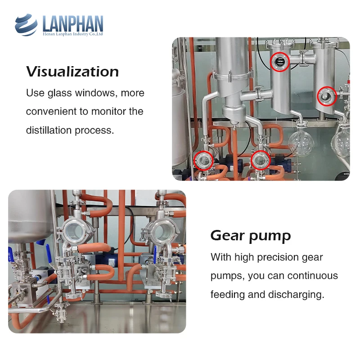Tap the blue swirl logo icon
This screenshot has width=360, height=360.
[26, 25]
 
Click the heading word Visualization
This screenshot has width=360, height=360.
[72, 72]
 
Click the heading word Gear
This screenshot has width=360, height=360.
[229, 235]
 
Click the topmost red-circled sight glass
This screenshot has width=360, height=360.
[279, 61]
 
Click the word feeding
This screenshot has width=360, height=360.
[226, 295]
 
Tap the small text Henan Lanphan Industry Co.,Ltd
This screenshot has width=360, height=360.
[73, 33]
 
